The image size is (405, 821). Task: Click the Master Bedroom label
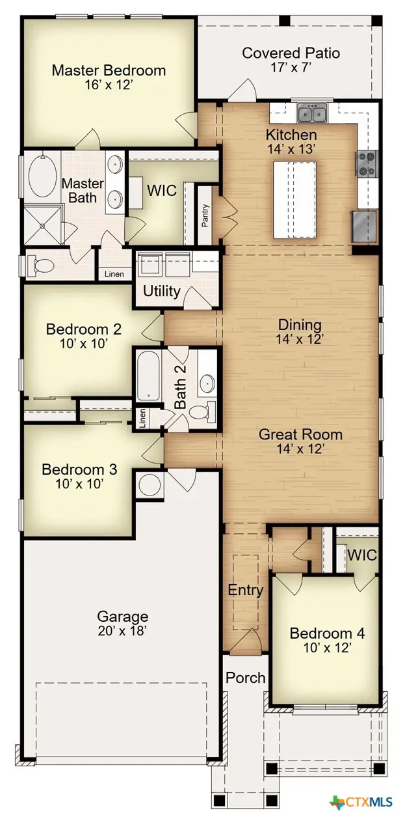point(109,70)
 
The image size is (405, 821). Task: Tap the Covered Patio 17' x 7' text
point(291,60)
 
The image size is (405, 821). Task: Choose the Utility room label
point(161,290)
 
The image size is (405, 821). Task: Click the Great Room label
point(300,434)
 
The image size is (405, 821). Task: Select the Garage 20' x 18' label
point(122,622)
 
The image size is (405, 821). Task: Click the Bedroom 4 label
point(327,639)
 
